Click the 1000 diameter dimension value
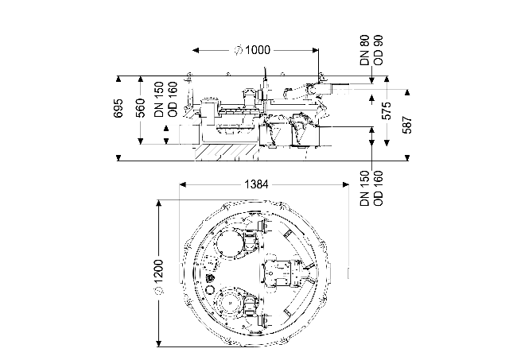pyautogui.click(x=258, y=50)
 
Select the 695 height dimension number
pyautogui.click(x=119, y=108)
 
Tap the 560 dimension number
pyautogui.click(x=140, y=108)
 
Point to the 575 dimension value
pyautogui.click(x=387, y=110)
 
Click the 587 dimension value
pyautogui.click(x=407, y=125)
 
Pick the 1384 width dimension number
pyautogui.click(x=256, y=184)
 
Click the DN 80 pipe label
pyautogui.click(x=365, y=50)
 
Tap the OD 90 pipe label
pyautogui.click(x=379, y=50)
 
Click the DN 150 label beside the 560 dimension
pyautogui.click(x=159, y=99)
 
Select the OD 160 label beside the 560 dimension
pyautogui.click(x=173, y=99)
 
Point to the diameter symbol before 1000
pyautogui.click(x=239, y=50)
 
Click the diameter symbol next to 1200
pyautogui.click(x=159, y=289)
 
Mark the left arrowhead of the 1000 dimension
pyautogui.click(x=196, y=50)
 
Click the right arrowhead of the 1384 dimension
pyautogui.click(x=346, y=184)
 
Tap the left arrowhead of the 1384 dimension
pyautogui.click(x=183, y=184)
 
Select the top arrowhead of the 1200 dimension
pyautogui.click(x=159, y=203)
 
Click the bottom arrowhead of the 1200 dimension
pyautogui.click(x=159, y=343)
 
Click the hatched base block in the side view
pyautogui.click(x=226, y=153)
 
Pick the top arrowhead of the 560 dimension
pyautogui.click(x=140, y=79)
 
